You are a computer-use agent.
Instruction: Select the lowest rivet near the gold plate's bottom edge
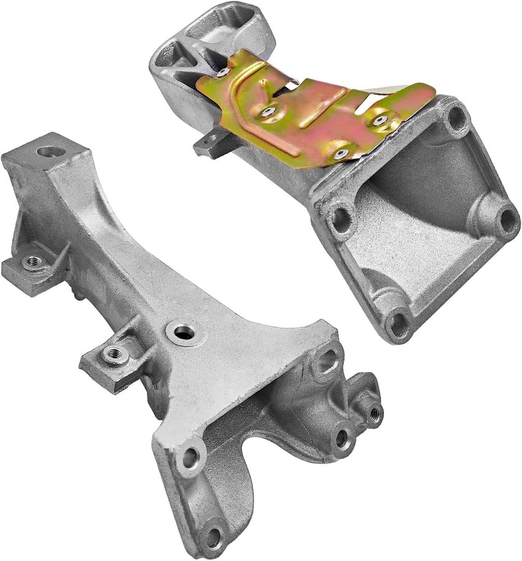pyautogui.click(x=340, y=151)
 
